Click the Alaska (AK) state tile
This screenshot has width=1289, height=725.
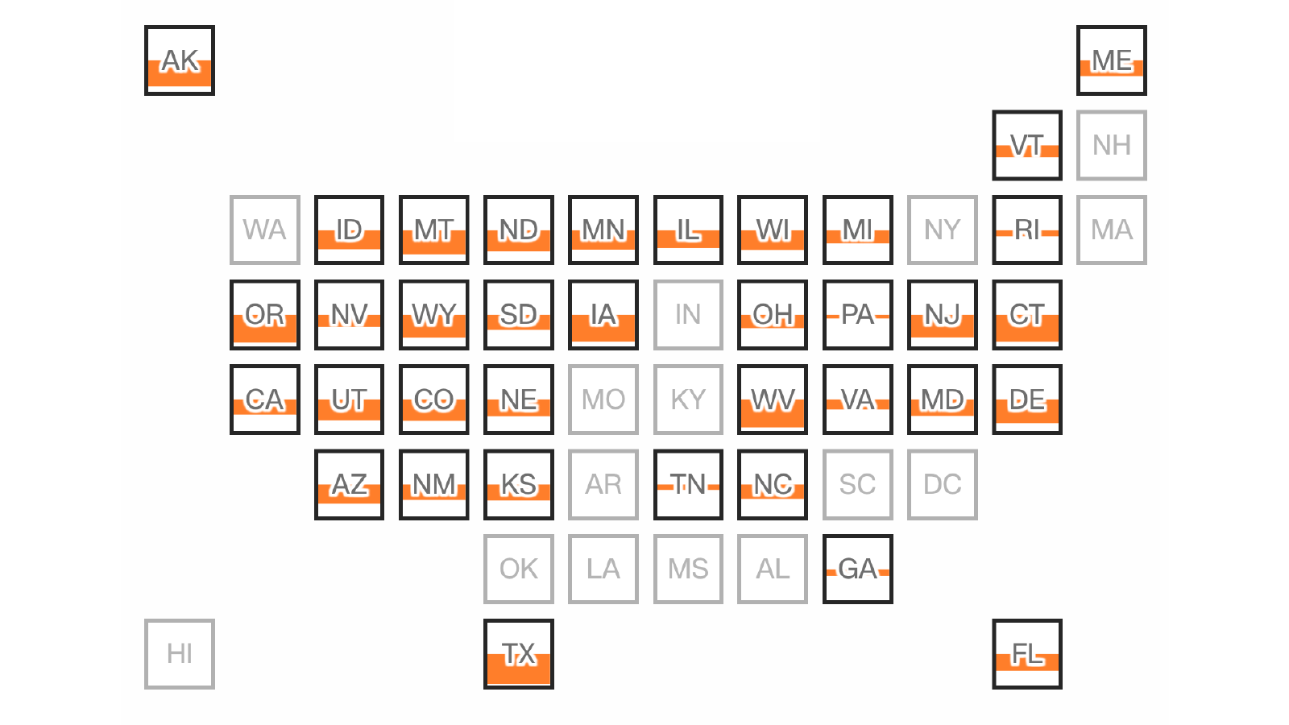(180, 60)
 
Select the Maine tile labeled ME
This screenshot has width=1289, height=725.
(1112, 60)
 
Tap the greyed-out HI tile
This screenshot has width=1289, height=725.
(180, 654)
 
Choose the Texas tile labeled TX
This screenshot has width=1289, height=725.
(519, 654)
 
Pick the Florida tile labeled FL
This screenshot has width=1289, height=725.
(1027, 654)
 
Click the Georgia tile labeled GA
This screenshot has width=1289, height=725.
(858, 569)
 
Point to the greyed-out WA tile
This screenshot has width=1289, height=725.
(265, 230)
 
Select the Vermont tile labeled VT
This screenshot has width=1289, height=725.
(1027, 145)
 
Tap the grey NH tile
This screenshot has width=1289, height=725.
(1112, 145)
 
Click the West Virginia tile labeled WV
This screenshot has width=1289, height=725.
(773, 400)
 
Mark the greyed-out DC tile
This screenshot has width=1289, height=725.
(943, 484)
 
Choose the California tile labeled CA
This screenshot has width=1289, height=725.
(265, 400)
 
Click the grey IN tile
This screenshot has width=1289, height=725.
(688, 315)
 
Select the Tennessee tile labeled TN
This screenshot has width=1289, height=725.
(688, 484)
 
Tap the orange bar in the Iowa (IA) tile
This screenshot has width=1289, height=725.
(603, 328)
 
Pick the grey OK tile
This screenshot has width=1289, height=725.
(519, 569)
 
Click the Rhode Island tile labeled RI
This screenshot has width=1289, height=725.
(1027, 230)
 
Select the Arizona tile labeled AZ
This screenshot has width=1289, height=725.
(349, 484)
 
